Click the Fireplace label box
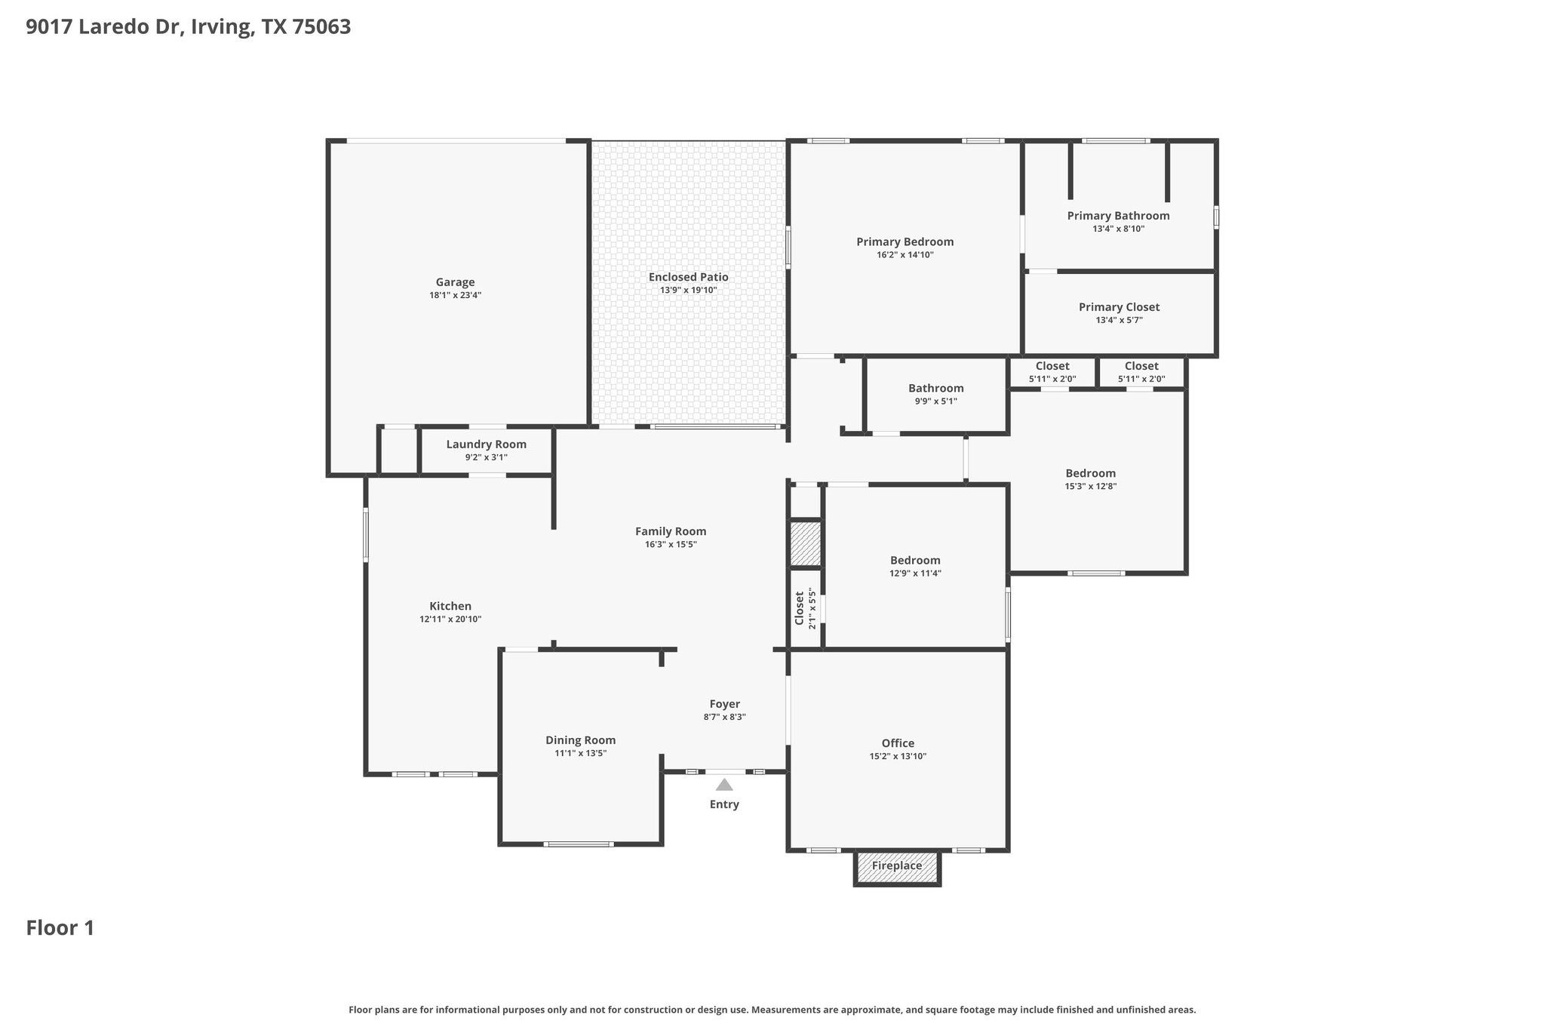(x=897, y=867)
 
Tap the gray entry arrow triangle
(x=724, y=785)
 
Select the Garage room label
(x=455, y=282)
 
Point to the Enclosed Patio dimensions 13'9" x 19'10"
(x=688, y=291)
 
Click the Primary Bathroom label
(x=1118, y=216)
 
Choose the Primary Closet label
(x=1119, y=307)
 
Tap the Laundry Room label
(x=486, y=444)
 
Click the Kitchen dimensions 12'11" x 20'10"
(x=450, y=620)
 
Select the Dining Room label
(x=580, y=740)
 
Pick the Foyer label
(x=724, y=704)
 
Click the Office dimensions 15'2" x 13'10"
(x=898, y=756)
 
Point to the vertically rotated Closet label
(x=800, y=608)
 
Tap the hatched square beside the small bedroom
(x=805, y=544)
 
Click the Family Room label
(x=671, y=531)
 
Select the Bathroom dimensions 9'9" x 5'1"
(x=935, y=401)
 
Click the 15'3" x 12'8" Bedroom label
(x=1090, y=474)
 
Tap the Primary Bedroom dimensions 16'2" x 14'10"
(x=905, y=255)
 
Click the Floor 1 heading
(x=60, y=928)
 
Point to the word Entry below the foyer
(x=724, y=804)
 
